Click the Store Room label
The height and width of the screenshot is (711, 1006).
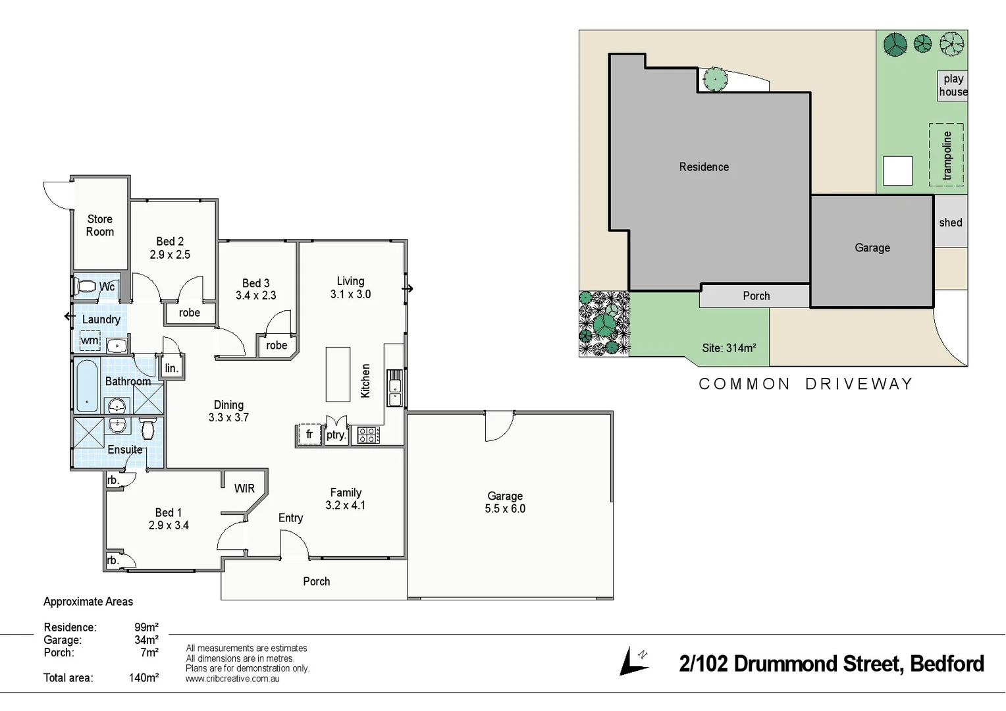(x=100, y=225)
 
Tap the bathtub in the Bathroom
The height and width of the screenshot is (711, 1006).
(x=87, y=386)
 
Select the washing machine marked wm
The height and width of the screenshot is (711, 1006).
(x=90, y=340)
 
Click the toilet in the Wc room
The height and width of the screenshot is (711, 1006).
(x=86, y=286)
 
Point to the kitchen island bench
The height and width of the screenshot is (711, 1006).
(x=338, y=374)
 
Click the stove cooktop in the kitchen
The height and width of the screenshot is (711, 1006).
(x=368, y=434)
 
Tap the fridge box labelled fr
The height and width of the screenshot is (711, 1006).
(x=309, y=434)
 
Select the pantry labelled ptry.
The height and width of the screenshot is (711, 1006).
(x=336, y=434)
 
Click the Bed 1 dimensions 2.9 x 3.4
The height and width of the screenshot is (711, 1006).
(x=169, y=525)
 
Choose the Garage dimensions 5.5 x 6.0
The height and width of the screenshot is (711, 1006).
(x=505, y=509)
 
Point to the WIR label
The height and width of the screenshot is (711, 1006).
(x=244, y=488)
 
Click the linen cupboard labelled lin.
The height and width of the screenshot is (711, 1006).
(x=172, y=368)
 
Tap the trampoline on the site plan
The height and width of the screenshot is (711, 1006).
(x=946, y=155)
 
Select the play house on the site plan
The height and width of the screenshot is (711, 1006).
(x=953, y=86)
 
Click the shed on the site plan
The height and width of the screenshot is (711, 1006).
(x=950, y=223)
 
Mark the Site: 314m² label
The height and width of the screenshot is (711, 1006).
(x=729, y=348)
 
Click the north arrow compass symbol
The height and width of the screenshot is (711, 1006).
(x=634, y=662)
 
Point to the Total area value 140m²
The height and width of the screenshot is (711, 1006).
(x=144, y=677)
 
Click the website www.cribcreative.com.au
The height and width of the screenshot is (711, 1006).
(x=232, y=679)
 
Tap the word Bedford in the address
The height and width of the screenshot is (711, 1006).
(x=947, y=664)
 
